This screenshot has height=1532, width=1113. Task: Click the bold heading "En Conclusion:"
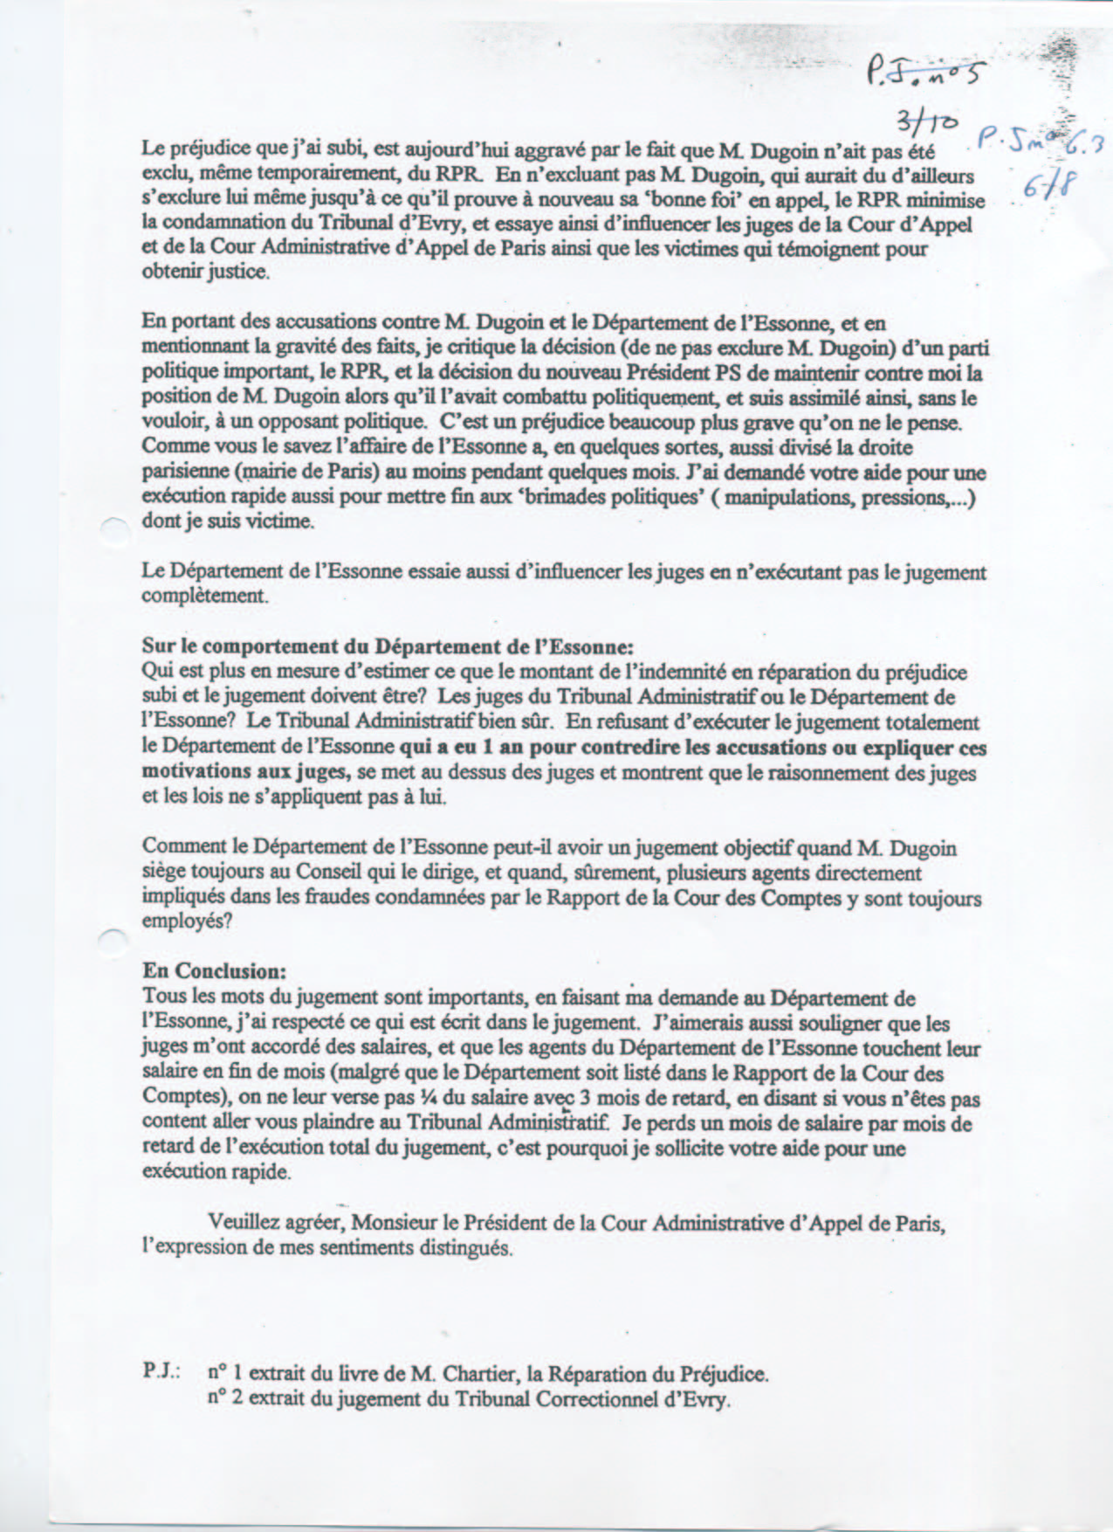pos(214,971)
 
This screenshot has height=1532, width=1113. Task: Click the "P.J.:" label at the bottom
pos(161,1373)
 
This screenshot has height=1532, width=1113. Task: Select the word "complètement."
pos(203,597)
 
